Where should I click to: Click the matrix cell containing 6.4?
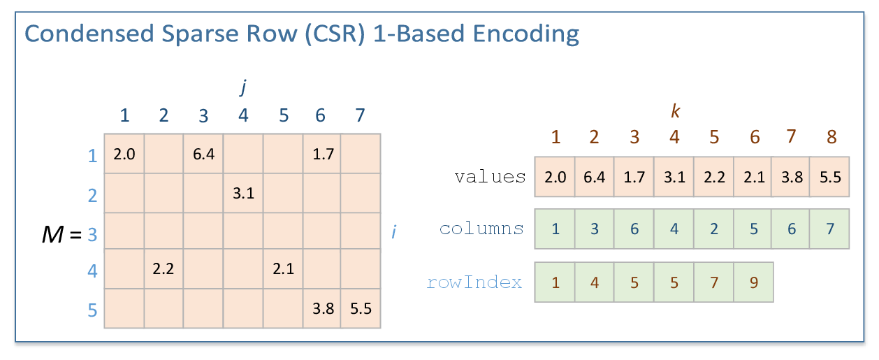[203, 153]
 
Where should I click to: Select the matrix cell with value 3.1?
[243, 192]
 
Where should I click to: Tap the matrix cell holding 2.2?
[164, 269]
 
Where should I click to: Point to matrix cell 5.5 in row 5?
[361, 308]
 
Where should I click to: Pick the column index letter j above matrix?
[243, 87]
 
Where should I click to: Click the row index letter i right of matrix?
[394, 231]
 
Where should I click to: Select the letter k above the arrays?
[675, 110]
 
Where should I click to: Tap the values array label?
[490, 177]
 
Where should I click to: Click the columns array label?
[481, 229]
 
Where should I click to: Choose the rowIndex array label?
[474, 282]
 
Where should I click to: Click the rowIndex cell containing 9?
[753, 282]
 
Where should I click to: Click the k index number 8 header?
[831, 136]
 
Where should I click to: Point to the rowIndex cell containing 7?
[713, 282]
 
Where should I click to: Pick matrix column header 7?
[360, 115]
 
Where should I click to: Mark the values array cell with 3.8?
[792, 177]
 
